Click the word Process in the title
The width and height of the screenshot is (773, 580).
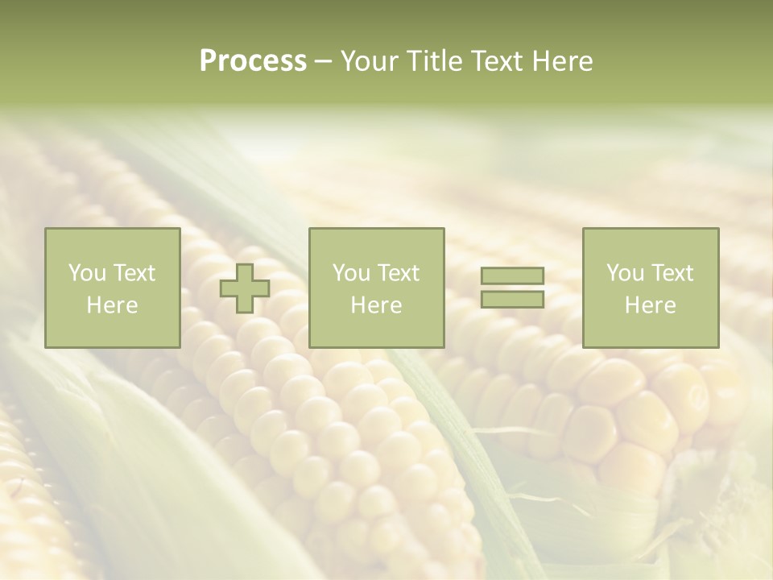point(253,61)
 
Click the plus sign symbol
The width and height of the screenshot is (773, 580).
point(245,288)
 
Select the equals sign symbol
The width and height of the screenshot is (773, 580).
point(512,288)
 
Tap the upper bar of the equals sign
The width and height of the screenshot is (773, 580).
point(512,275)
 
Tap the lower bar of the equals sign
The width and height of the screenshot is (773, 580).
point(512,299)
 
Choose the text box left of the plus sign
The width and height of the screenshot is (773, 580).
point(112,288)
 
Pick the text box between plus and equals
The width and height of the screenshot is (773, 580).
point(376,288)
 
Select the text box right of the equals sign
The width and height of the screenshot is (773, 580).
point(650,288)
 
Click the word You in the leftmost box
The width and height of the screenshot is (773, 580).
point(87,273)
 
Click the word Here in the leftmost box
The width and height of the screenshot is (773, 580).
point(112,305)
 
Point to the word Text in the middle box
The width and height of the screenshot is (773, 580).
point(398,273)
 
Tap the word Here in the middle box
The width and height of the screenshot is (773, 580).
point(376,305)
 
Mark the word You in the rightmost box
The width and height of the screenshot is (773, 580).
point(625,273)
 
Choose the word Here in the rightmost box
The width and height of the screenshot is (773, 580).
point(650,305)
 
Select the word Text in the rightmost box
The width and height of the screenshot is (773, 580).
point(672,273)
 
